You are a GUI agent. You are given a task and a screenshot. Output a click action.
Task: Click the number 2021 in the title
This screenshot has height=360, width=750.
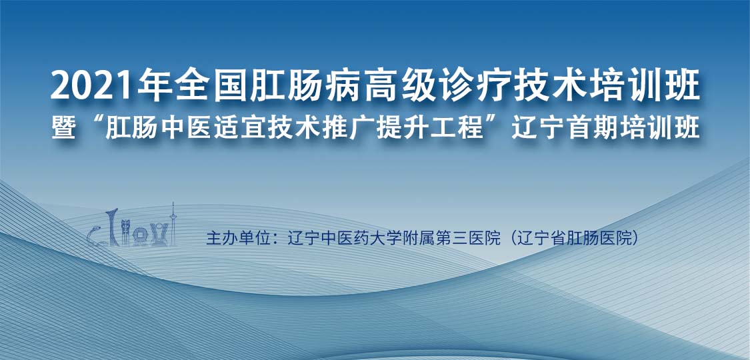click(x=89, y=87)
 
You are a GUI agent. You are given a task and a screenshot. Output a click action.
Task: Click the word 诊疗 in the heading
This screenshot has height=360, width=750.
click(x=478, y=87)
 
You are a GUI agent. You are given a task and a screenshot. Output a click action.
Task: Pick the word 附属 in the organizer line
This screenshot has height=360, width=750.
click(x=416, y=238)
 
